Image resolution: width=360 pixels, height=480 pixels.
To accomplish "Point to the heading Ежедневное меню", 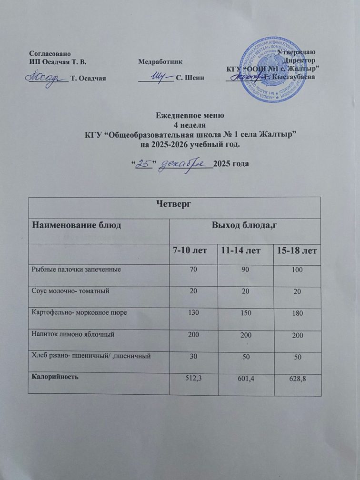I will [x=190, y=116].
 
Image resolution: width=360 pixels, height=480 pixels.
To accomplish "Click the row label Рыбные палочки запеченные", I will [x=75, y=269].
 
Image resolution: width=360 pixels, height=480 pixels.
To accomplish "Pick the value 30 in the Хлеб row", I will [x=194, y=356].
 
